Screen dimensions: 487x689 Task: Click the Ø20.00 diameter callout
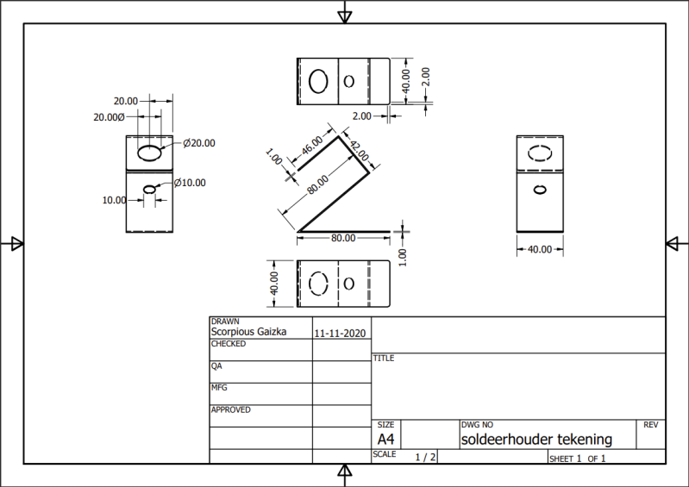pyautogui.click(x=199, y=143)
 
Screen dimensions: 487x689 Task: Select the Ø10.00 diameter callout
pyautogui.click(x=190, y=183)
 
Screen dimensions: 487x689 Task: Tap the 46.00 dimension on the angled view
pyautogui.click(x=311, y=145)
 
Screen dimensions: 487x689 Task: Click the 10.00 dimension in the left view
pyautogui.click(x=114, y=200)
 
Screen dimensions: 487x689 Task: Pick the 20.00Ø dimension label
pyautogui.click(x=110, y=116)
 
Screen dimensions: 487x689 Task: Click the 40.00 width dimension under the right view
pyautogui.click(x=539, y=249)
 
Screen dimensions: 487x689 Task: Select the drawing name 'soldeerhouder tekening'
pyautogui.click(x=536, y=439)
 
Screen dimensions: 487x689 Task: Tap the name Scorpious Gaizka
pyautogui.click(x=248, y=331)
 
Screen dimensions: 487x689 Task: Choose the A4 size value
pyautogui.click(x=386, y=439)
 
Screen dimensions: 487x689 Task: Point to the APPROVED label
pyautogui.click(x=230, y=410)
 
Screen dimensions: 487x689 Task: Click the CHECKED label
pyautogui.click(x=229, y=344)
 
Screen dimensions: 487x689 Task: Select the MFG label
pyautogui.click(x=220, y=388)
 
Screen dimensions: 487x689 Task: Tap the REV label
pyautogui.click(x=651, y=425)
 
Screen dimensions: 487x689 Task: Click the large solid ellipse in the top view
pyautogui.click(x=318, y=81)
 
